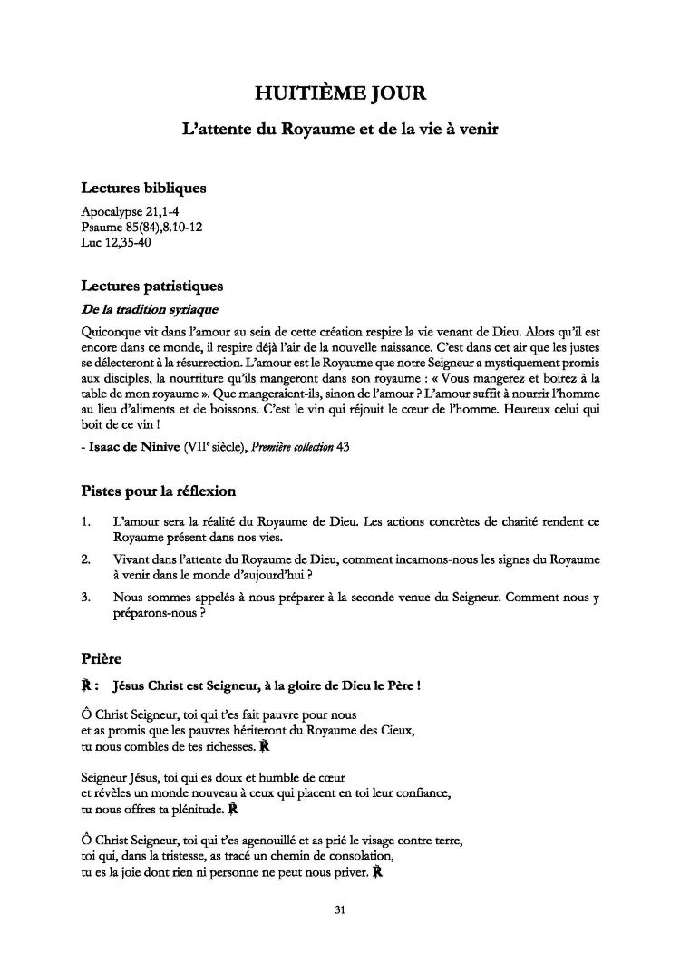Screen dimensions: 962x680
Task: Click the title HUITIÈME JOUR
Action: pyautogui.click(x=340, y=92)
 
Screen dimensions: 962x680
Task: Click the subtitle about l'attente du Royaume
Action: pyautogui.click(x=340, y=130)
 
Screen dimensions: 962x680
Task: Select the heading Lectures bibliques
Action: pyautogui.click(x=143, y=189)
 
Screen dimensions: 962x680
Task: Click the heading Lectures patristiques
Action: pyautogui.click(x=151, y=287)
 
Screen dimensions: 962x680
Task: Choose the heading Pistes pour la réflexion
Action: pyautogui.click(x=159, y=491)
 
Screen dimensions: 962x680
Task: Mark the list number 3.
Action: pyautogui.click(x=85, y=598)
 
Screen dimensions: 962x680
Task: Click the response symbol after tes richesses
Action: pyautogui.click(x=264, y=747)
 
